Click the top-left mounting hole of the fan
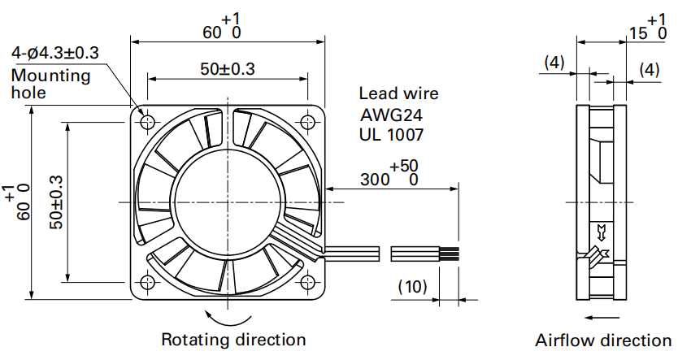(x=147, y=122)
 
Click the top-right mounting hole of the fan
(x=307, y=122)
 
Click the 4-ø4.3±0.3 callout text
(x=55, y=54)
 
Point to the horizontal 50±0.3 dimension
(x=228, y=69)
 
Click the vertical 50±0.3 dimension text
(x=56, y=202)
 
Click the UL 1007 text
(x=391, y=134)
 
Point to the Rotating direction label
(x=233, y=340)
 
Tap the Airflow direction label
(x=603, y=340)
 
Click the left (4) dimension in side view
(x=554, y=63)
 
